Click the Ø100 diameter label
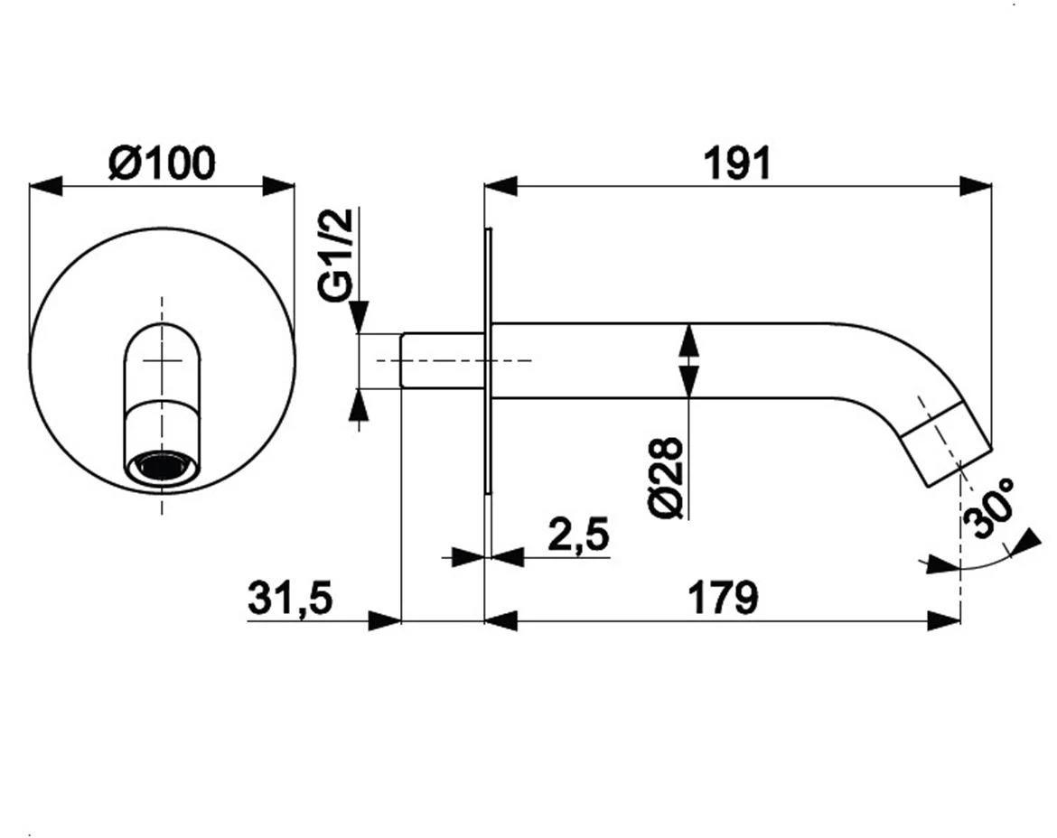[162, 163]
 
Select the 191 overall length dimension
[737, 163]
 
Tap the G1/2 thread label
[336, 254]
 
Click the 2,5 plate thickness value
[578, 535]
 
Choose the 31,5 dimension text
[291, 597]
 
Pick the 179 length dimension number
[723, 597]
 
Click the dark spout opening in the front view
[162, 467]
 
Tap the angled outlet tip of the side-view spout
[947, 443]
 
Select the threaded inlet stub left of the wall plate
[443, 360]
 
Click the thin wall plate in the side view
[488, 362]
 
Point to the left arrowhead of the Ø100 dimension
[45, 187]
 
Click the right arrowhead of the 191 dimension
[976, 187]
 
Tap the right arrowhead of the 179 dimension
[944, 620]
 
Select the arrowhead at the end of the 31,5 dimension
[385, 620]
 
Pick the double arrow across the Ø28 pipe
[688, 361]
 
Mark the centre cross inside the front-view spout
[162, 361]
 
